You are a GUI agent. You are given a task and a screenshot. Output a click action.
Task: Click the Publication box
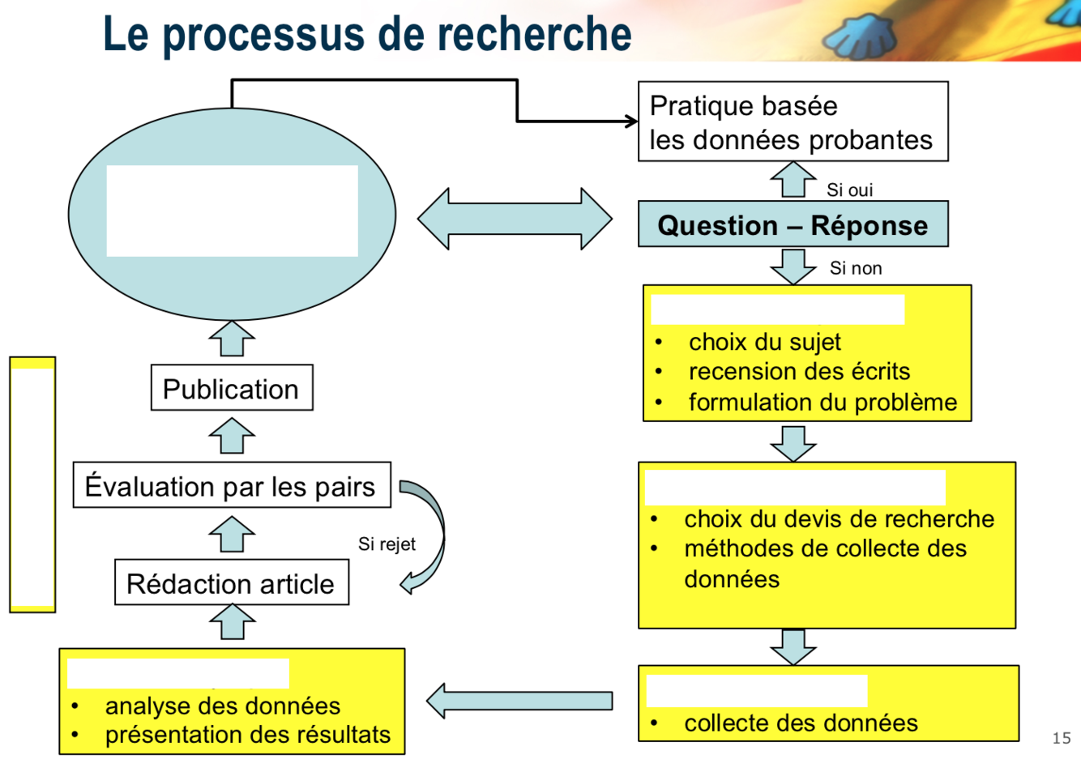[231, 389]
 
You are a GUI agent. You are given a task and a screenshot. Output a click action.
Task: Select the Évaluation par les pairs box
[231, 486]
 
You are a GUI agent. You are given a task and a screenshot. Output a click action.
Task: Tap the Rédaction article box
[231, 583]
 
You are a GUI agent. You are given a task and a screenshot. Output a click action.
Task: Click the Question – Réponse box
[793, 225]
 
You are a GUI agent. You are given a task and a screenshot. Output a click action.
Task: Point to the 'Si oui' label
[849, 190]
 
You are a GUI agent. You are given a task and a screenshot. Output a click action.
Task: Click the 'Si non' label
[855, 268]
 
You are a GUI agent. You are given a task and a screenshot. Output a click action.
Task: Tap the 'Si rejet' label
[387, 544]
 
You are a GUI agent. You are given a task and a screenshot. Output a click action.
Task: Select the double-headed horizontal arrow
[515, 219]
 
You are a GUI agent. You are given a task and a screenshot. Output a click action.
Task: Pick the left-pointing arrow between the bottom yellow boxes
[519, 701]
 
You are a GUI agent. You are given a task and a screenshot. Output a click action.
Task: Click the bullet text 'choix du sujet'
[764, 342]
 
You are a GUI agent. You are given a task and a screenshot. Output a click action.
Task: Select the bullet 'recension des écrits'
[799, 372]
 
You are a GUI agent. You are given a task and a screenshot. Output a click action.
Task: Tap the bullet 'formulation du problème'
[822, 402]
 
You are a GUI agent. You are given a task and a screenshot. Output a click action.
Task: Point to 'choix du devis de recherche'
[839, 518]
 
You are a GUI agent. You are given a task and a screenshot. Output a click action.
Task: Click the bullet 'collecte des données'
[801, 723]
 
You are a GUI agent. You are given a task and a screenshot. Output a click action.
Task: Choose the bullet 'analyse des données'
[223, 706]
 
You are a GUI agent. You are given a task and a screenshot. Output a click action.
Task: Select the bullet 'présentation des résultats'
[247, 735]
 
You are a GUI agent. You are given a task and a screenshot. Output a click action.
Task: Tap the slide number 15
[1061, 737]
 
